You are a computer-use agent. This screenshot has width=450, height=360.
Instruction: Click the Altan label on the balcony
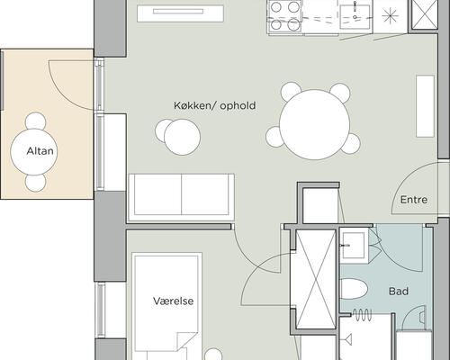[x=40, y=150]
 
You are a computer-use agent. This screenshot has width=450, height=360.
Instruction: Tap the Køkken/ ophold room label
[x=215, y=105]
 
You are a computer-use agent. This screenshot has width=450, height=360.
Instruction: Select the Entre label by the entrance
[x=414, y=200]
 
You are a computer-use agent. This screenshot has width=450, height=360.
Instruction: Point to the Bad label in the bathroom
[x=399, y=291]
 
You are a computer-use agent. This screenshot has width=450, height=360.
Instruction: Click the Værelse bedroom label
[x=174, y=301]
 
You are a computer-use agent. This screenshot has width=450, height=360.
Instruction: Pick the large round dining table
[x=315, y=124]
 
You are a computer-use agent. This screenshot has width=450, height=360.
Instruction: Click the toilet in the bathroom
[x=354, y=289]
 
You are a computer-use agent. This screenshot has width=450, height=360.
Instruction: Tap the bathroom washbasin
[x=354, y=246]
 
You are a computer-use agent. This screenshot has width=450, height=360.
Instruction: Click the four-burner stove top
[x=285, y=15]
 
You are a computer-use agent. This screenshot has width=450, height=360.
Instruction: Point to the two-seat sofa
[x=181, y=198]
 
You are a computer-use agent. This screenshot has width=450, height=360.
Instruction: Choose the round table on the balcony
[x=34, y=152]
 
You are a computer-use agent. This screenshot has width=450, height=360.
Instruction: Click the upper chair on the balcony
[x=36, y=121]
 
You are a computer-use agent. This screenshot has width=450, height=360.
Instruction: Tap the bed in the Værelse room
[x=166, y=306]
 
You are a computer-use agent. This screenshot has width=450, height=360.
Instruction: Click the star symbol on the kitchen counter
[x=391, y=15]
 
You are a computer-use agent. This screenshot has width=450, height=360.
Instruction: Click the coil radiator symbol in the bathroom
[x=362, y=315]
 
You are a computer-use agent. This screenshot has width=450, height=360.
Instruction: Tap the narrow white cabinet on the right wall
[x=425, y=106]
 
